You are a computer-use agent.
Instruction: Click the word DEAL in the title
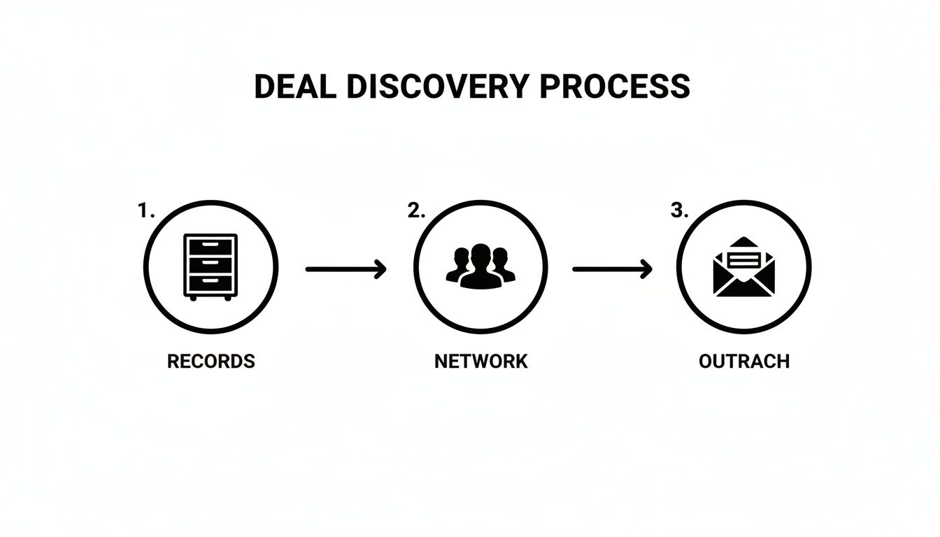tap(295, 87)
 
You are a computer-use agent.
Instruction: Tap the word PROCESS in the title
tap(615, 87)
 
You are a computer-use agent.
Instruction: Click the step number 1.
tap(146, 210)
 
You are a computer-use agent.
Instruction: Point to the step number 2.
tap(416, 210)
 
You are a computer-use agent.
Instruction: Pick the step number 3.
tap(679, 210)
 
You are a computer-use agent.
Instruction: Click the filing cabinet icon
tap(211, 267)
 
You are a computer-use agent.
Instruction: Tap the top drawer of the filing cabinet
tap(211, 247)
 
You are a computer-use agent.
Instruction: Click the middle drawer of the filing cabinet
tap(211, 265)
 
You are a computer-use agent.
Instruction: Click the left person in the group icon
tap(458, 264)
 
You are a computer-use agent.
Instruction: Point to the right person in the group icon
tap(503, 264)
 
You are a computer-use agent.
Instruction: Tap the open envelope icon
tap(744, 267)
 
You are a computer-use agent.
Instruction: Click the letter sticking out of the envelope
tap(744, 260)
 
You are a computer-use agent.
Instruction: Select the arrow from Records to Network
tap(346, 269)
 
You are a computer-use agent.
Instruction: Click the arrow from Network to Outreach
tap(612, 269)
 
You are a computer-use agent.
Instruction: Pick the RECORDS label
tap(211, 361)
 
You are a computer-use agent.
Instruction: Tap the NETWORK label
tap(481, 361)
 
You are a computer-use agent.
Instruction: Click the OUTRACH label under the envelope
tap(744, 361)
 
